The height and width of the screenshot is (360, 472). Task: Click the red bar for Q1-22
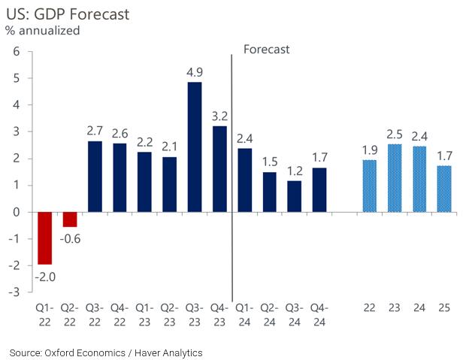(45, 237)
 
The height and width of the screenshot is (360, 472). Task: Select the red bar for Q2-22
(70, 219)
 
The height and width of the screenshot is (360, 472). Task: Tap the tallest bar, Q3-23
(194, 147)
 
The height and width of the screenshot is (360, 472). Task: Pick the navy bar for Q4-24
(319, 189)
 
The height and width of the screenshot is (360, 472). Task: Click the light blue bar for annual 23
(395, 178)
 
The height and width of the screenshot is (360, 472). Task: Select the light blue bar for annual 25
(444, 189)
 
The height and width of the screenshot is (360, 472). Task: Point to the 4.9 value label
(194, 73)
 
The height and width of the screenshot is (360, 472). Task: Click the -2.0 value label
(45, 276)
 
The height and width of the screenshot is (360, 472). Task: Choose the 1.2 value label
(294, 171)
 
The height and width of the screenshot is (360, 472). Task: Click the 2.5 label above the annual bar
(395, 135)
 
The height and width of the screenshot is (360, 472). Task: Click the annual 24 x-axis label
(419, 308)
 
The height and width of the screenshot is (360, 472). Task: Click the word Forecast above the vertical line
(267, 49)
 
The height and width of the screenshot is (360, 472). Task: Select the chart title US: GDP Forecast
(56, 13)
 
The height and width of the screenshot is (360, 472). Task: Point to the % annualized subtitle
(44, 31)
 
